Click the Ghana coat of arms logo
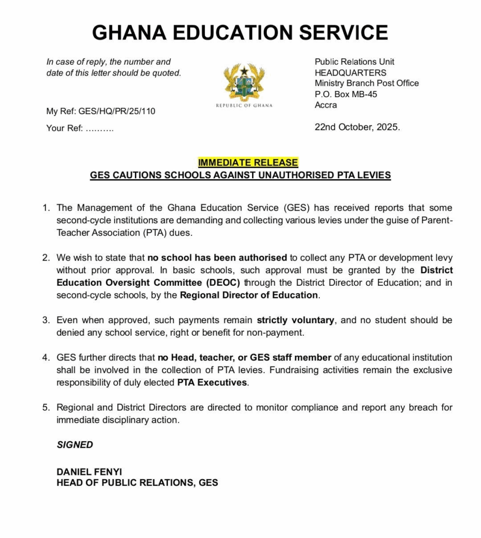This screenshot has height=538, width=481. coord(244,82)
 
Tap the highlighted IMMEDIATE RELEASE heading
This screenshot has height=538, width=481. coord(248,163)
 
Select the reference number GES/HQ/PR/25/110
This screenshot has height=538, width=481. coord(117,111)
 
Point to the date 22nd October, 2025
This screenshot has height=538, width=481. coord(357,127)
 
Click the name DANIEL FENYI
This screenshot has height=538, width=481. coord(89,472)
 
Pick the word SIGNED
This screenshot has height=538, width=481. coord(75,445)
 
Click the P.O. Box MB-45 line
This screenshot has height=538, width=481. coord(346,94)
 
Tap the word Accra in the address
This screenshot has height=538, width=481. coord(326,105)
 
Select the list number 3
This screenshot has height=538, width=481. coord(46,320)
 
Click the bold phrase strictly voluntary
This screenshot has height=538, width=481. coord(295,320)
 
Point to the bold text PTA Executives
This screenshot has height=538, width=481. coord(212,382)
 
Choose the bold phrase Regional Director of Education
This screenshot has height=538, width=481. coord(249,295)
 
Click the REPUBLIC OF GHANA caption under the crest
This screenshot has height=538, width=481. coord(244,106)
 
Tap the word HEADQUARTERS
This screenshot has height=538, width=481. coord(350,73)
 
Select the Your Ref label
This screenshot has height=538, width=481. coord(64,128)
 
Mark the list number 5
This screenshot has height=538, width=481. coord(46,408)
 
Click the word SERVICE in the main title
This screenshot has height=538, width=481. coord(343,33)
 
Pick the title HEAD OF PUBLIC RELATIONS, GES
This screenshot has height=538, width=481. coord(137,482)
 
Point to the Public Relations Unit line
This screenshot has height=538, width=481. coord(354,61)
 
